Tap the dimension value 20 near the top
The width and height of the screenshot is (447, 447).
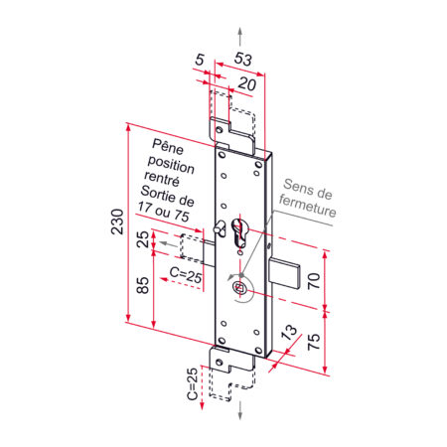tap(244, 85)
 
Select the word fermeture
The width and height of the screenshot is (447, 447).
tap(307, 212)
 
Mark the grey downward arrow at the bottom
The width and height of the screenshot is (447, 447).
tap(238, 408)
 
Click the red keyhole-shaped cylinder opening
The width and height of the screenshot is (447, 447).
tap(239, 236)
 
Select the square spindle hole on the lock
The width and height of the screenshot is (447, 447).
tap(238, 288)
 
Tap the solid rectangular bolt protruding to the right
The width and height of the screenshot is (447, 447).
tap(283, 275)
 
